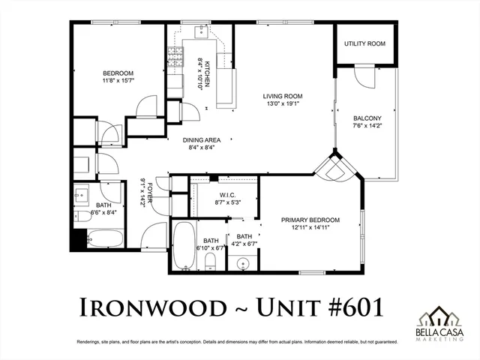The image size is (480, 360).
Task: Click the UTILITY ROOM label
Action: pyautogui.click(x=364, y=44)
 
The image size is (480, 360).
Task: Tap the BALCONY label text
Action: pyautogui.click(x=367, y=118)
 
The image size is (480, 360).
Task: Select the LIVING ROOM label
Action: pyautogui.click(x=282, y=96)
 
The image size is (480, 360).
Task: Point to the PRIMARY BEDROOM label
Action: pyautogui.click(x=310, y=220)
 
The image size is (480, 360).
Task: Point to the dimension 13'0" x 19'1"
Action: pyautogui.click(x=282, y=105)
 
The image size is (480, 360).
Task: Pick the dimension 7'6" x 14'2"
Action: pyautogui.click(x=367, y=127)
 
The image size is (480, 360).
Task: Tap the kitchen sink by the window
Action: pyautogui.click(x=202, y=31)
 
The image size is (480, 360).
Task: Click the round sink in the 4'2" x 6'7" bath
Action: pyautogui.click(x=241, y=264)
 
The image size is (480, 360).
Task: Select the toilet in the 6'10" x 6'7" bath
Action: pyautogui.click(x=211, y=261)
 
